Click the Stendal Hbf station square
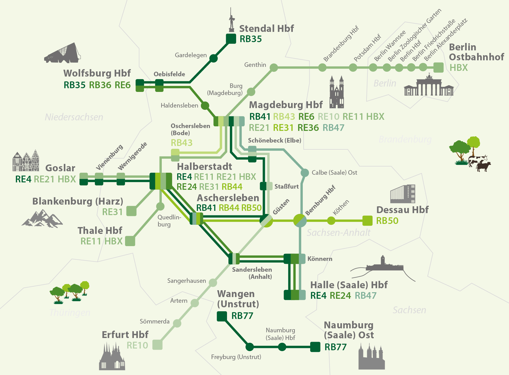(231, 39)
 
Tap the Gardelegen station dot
(213, 58)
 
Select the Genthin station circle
(274, 68)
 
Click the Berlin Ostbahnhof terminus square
(439, 68)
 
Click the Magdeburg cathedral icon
(337, 92)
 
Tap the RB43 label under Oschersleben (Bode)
(182, 143)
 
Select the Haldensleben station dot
(205, 106)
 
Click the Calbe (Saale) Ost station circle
(305, 173)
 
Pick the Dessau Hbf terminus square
(367, 221)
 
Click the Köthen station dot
(331, 221)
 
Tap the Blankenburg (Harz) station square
(131, 211)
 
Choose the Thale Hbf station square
(130, 241)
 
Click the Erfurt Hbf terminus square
(157, 345)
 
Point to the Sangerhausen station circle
(213, 283)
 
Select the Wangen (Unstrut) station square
(222, 316)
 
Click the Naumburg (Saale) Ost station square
(315, 347)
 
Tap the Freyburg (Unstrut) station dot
(250, 347)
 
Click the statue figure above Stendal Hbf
(232, 20)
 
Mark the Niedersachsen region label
(74, 117)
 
